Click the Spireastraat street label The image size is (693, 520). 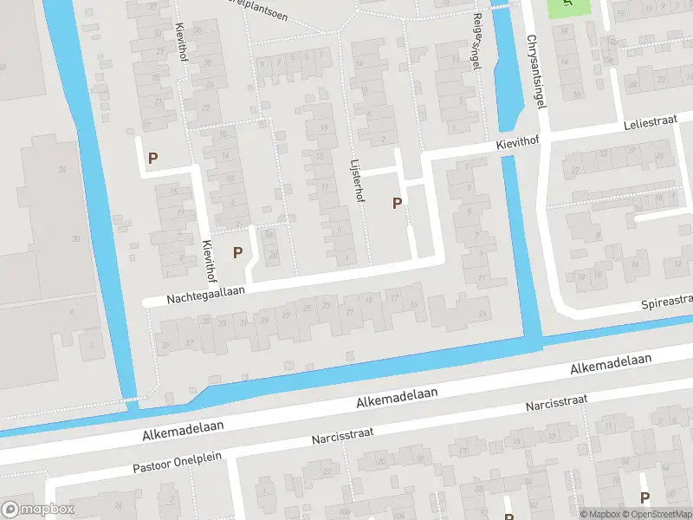click(x=667, y=302)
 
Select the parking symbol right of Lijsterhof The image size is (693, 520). click(x=398, y=203)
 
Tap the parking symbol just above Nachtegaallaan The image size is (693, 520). click(x=237, y=252)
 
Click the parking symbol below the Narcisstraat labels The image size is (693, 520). click(x=644, y=497)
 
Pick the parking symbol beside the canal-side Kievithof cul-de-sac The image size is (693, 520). click(x=153, y=158)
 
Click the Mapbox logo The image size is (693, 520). click(x=38, y=510)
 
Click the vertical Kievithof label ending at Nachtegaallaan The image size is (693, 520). click(x=208, y=260)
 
